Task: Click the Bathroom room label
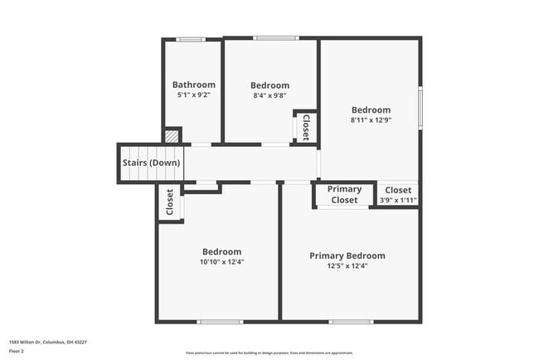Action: pyautogui.click(x=193, y=85)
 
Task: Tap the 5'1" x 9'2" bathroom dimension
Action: pyautogui.click(x=193, y=95)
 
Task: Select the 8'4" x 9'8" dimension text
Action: pyautogui.click(x=269, y=95)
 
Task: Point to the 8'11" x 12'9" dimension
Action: pyautogui.click(x=370, y=120)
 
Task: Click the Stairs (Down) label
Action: pyautogui.click(x=151, y=163)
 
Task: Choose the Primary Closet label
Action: pyautogui.click(x=344, y=195)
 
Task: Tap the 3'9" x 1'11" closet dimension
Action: pyautogui.click(x=398, y=200)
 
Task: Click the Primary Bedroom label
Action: pyautogui.click(x=347, y=255)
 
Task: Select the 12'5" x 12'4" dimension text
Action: pyautogui.click(x=347, y=266)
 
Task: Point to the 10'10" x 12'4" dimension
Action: pyautogui.click(x=221, y=262)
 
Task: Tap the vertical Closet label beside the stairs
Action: pyautogui.click(x=170, y=202)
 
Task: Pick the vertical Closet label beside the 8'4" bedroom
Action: pyautogui.click(x=305, y=128)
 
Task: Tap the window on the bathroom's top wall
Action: pyautogui.click(x=192, y=38)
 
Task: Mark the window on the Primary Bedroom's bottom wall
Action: pyautogui.click(x=351, y=321)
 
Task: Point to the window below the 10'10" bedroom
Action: pyautogui.click(x=220, y=321)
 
